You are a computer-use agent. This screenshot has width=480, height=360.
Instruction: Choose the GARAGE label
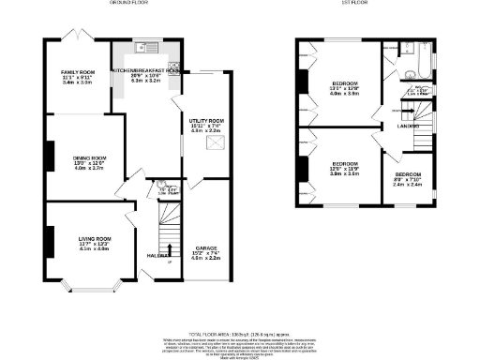click(208, 247)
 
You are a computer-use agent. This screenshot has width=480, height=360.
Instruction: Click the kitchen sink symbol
click(140, 47)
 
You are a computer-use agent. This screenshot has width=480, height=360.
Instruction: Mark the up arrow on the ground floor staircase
click(170, 248)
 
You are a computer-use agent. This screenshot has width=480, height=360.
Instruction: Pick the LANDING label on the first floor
click(407, 126)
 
